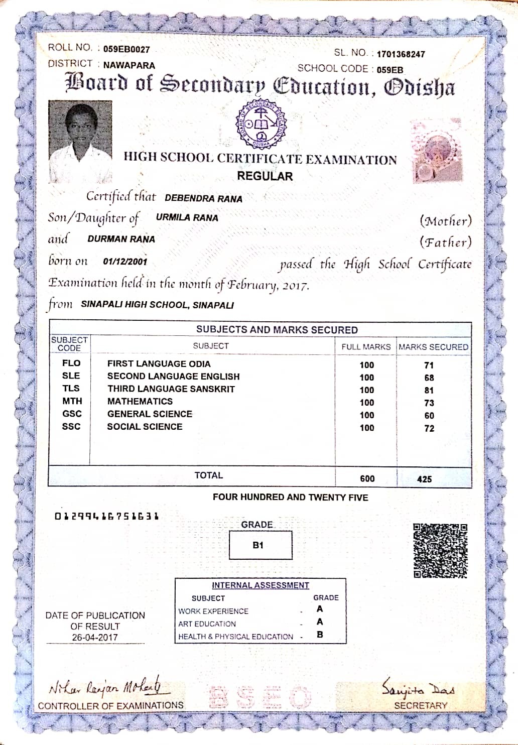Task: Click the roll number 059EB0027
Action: click(126, 49)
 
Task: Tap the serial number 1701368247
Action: click(401, 54)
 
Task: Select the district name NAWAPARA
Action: click(129, 65)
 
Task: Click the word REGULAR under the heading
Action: click(265, 176)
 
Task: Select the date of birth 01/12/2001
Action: click(125, 262)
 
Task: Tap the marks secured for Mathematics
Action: click(429, 403)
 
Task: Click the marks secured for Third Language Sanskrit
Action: click(429, 390)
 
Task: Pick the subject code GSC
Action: click(72, 414)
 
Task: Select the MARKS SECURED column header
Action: click(433, 347)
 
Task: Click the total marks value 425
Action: click(424, 479)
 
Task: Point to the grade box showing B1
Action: click(260, 545)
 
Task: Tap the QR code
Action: click(440, 551)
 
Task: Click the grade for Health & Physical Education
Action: click(320, 635)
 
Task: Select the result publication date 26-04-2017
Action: click(95, 638)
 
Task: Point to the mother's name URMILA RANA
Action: click(187, 218)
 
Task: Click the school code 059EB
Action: click(390, 70)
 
